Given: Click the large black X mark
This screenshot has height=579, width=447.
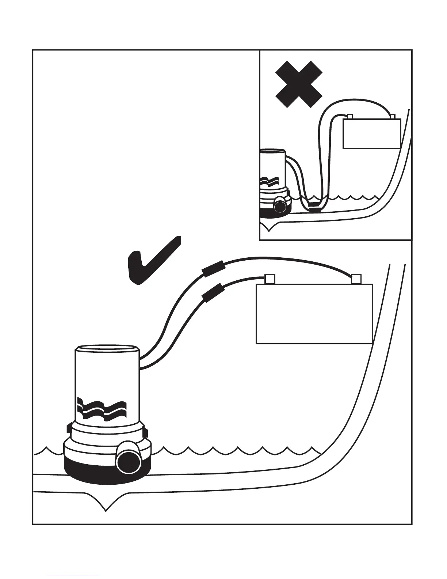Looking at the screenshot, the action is pos(299,84).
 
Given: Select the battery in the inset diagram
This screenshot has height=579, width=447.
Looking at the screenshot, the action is pos(372,133).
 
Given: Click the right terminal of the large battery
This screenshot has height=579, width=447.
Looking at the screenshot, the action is pos(356,279).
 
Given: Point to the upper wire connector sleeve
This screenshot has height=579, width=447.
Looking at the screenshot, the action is pos(213,269).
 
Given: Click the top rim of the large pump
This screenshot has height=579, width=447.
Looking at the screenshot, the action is pos(107,347).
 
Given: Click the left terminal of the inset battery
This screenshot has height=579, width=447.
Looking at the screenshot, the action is pos(349,117).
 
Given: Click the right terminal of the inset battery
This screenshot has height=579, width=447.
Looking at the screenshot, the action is pos(393,117).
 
